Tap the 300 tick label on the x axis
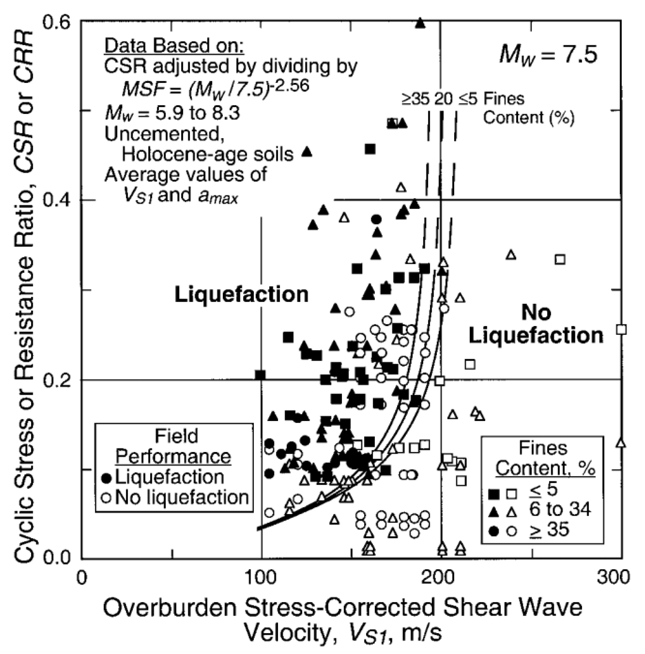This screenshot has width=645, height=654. click(x=613, y=577)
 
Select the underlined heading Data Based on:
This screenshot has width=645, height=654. click(x=174, y=46)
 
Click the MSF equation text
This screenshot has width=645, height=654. click(x=216, y=88)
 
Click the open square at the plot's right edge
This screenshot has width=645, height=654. click(x=621, y=329)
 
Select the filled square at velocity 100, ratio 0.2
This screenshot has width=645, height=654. click(x=260, y=375)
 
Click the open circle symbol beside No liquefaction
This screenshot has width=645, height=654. click(x=106, y=498)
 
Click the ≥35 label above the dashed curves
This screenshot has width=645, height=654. click(x=415, y=99)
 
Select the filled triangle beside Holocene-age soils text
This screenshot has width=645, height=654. click(x=307, y=152)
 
